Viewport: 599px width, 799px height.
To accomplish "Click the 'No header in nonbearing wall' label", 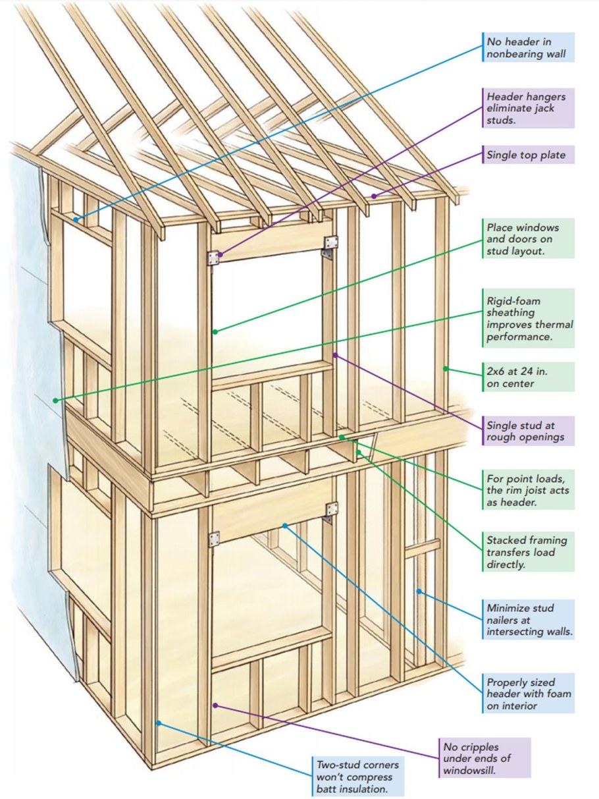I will [528, 47].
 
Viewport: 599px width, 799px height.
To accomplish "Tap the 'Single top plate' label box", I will [528, 155].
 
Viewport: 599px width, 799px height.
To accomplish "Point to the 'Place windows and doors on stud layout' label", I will [528, 238].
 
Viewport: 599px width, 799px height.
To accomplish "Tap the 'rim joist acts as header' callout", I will [528, 489].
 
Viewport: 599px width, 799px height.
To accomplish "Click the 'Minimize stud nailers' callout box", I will [528, 619].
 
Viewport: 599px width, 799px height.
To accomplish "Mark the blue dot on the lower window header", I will [284, 525].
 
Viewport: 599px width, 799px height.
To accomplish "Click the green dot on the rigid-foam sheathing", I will [56, 400].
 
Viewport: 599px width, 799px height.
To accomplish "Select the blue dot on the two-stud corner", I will [159, 723].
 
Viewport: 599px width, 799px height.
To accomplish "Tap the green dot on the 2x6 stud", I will [446, 369].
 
